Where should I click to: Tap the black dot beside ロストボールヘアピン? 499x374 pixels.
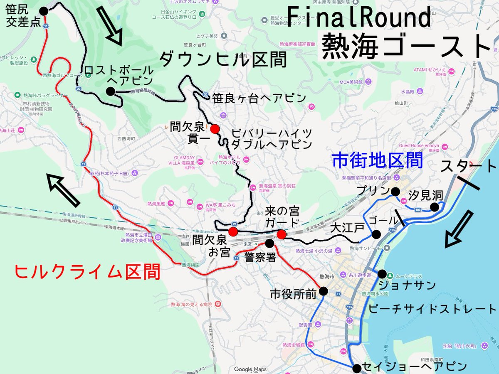[x=110, y=91]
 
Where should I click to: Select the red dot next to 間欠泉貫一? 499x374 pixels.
[x=215, y=129]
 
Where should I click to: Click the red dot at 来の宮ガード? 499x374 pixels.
[x=282, y=235]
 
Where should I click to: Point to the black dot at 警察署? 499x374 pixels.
[x=269, y=243]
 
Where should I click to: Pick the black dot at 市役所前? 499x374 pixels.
[x=324, y=292]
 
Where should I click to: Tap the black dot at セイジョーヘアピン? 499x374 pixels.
[x=356, y=368]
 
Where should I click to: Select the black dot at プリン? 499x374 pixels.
[x=395, y=191]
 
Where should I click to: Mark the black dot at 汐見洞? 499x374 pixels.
[x=435, y=207]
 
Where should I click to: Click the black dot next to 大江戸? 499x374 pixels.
[x=376, y=234]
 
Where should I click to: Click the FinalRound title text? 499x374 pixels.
[x=358, y=18]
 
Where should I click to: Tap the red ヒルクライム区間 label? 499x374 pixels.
[x=87, y=272]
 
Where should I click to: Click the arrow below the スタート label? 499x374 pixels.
[x=459, y=228]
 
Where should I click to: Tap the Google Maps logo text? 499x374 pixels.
[x=250, y=369]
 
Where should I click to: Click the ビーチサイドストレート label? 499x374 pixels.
[x=432, y=309]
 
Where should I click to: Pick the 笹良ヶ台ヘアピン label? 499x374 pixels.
[x=259, y=98]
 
